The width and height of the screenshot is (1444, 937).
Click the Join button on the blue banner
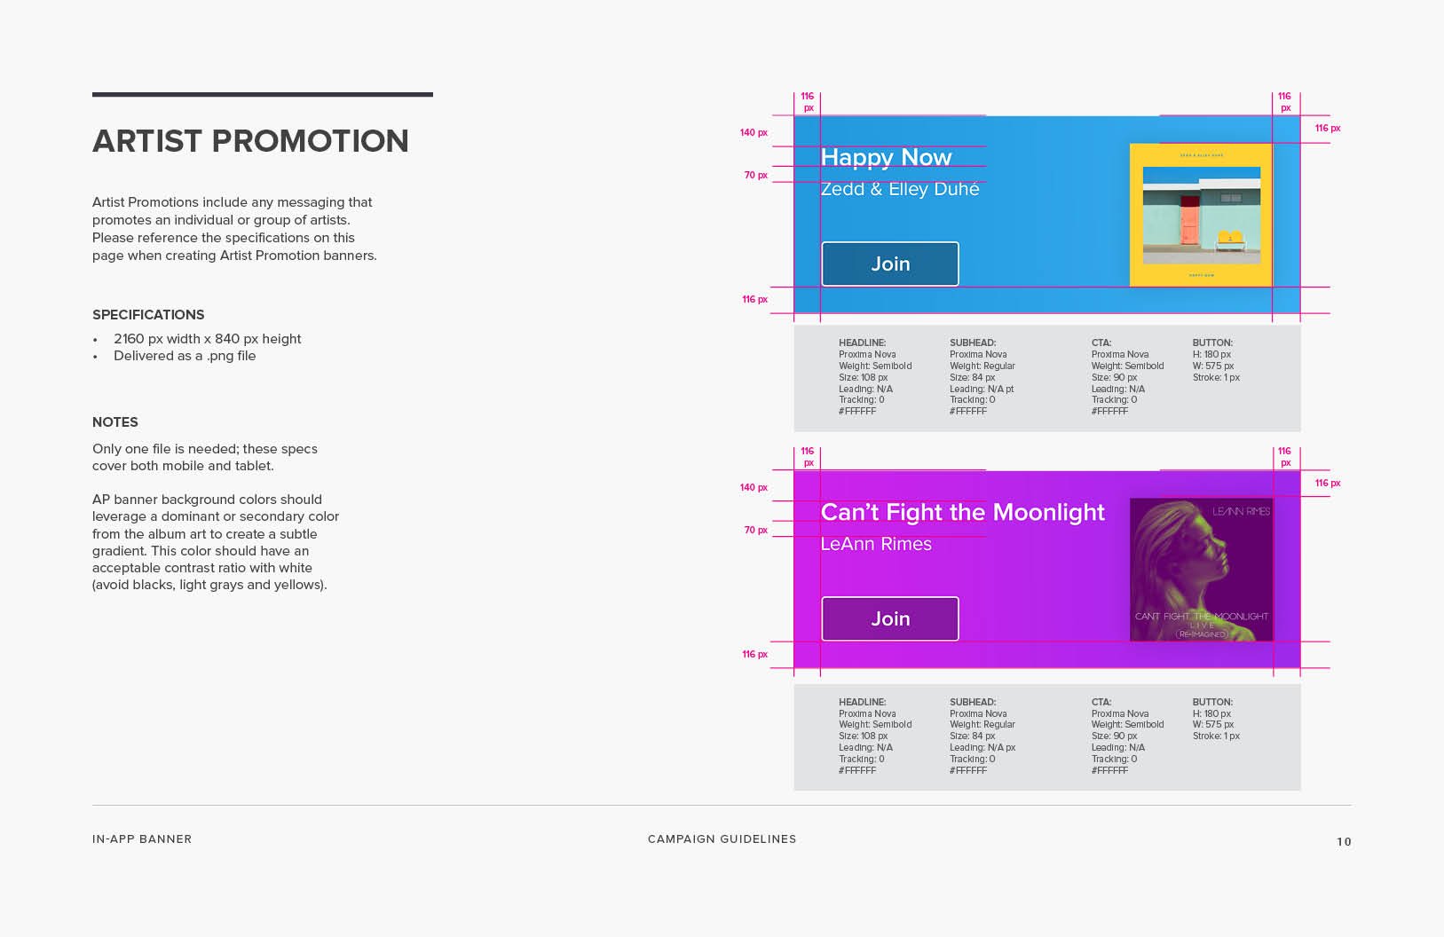click(890, 264)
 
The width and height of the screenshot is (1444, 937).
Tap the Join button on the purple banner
click(890, 618)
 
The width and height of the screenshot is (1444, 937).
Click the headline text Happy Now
click(886, 157)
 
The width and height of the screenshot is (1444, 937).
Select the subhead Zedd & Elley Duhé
click(900, 189)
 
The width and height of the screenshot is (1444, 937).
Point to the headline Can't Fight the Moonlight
click(962, 512)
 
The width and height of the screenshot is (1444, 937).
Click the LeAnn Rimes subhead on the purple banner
click(876, 544)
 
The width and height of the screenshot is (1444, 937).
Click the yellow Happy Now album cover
click(1201, 215)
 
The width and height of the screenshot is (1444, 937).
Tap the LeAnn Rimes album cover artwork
click(1201, 570)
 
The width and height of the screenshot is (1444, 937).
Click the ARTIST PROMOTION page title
click(250, 141)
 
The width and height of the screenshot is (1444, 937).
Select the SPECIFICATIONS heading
click(148, 315)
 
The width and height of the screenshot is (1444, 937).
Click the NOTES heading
click(115, 422)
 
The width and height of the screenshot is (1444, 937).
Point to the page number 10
click(1344, 842)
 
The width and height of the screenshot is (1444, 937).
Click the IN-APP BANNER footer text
click(142, 839)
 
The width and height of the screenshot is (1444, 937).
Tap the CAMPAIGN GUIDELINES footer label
click(722, 839)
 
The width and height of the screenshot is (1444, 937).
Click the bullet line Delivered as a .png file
click(185, 356)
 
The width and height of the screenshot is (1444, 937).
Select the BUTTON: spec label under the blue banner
click(1212, 343)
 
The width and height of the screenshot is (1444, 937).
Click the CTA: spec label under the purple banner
click(1101, 702)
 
